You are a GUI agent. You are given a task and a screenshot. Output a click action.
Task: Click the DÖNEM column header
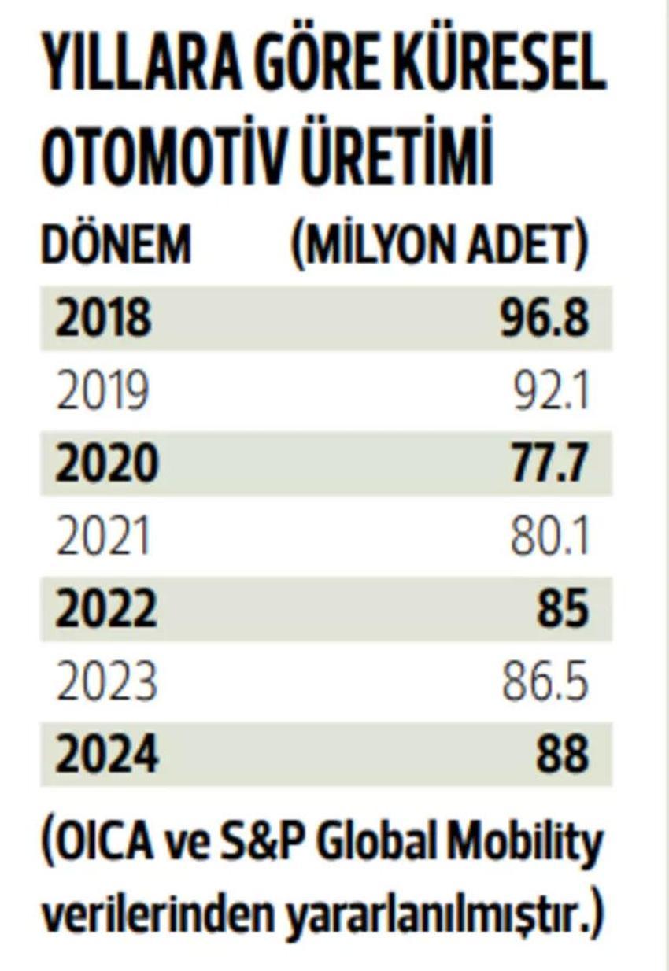pos(116,244)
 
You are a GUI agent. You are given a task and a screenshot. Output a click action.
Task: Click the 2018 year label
pos(103,318)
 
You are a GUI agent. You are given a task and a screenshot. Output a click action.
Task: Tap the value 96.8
pos(544,318)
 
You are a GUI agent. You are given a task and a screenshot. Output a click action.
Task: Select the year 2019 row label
pos(103,391)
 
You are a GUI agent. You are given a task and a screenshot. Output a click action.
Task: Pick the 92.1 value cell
pos(551,391)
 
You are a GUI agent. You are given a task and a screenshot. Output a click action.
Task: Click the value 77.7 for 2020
pos(549,463)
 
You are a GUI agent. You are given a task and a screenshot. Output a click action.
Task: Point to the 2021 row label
pos(103,536)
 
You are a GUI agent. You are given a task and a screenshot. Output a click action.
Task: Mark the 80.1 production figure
pos(549,536)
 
